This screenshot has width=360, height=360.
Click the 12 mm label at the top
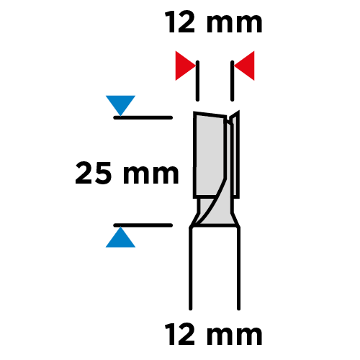click(x=214, y=22)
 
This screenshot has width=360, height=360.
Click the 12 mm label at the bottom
click(x=214, y=334)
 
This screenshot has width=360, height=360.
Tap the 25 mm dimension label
click(x=127, y=173)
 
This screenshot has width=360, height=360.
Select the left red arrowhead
click(x=185, y=66)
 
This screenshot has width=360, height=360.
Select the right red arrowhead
click(x=245, y=66)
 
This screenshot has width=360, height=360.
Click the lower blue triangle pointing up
click(x=120, y=237)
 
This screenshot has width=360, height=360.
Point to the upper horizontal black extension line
click(x=143, y=117)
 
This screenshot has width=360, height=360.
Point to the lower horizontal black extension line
click(x=143, y=225)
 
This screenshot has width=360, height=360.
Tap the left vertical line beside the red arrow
click(x=197, y=81)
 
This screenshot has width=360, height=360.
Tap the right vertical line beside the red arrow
click(x=233, y=81)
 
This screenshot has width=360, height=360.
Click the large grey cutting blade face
click(x=210, y=156)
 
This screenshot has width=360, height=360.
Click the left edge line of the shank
click(x=191, y=268)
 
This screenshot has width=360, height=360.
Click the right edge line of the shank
click(x=238, y=268)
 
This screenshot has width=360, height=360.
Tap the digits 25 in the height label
click(x=94, y=173)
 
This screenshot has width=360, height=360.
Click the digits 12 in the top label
click(x=181, y=22)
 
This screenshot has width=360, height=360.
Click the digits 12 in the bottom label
click(x=181, y=334)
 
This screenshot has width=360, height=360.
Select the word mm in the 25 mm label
click(x=151, y=175)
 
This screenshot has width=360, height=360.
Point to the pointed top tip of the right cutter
click(x=239, y=111)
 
